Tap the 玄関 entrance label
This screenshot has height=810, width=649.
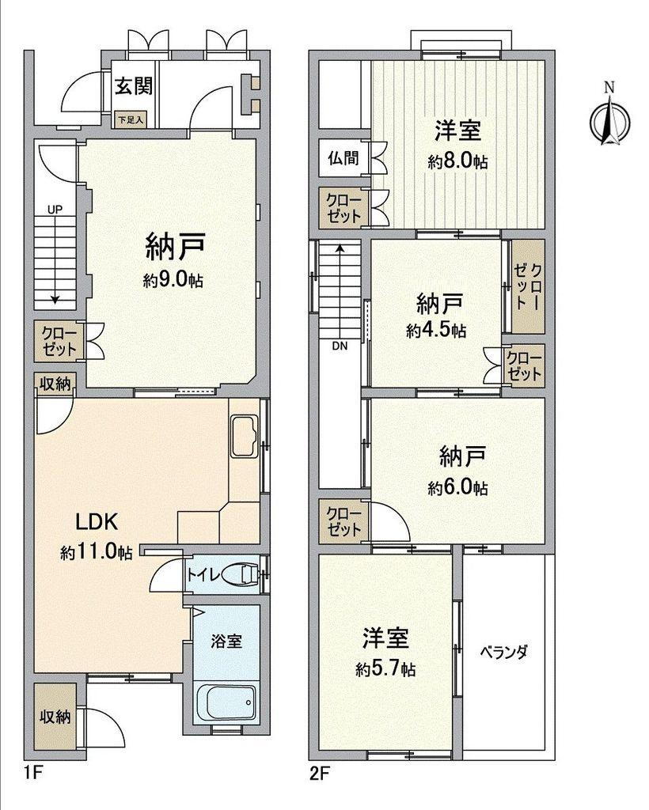(134, 85)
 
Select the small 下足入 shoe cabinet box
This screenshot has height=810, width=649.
(131, 120)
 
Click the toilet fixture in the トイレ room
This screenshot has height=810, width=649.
(242, 574)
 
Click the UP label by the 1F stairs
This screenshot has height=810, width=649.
(55, 210)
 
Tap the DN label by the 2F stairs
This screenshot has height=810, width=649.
(340, 346)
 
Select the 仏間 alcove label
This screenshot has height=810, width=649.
(343, 157)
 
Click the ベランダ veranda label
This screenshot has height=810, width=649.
(503, 652)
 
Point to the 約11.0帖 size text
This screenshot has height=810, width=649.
(96, 553)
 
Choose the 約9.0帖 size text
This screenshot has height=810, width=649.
(173, 281)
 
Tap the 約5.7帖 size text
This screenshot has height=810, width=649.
(385, 669)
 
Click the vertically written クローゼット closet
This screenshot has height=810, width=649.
(528, 286)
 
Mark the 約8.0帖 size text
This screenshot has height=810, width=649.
(457, 161)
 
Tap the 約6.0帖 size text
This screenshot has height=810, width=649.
(457, 487)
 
